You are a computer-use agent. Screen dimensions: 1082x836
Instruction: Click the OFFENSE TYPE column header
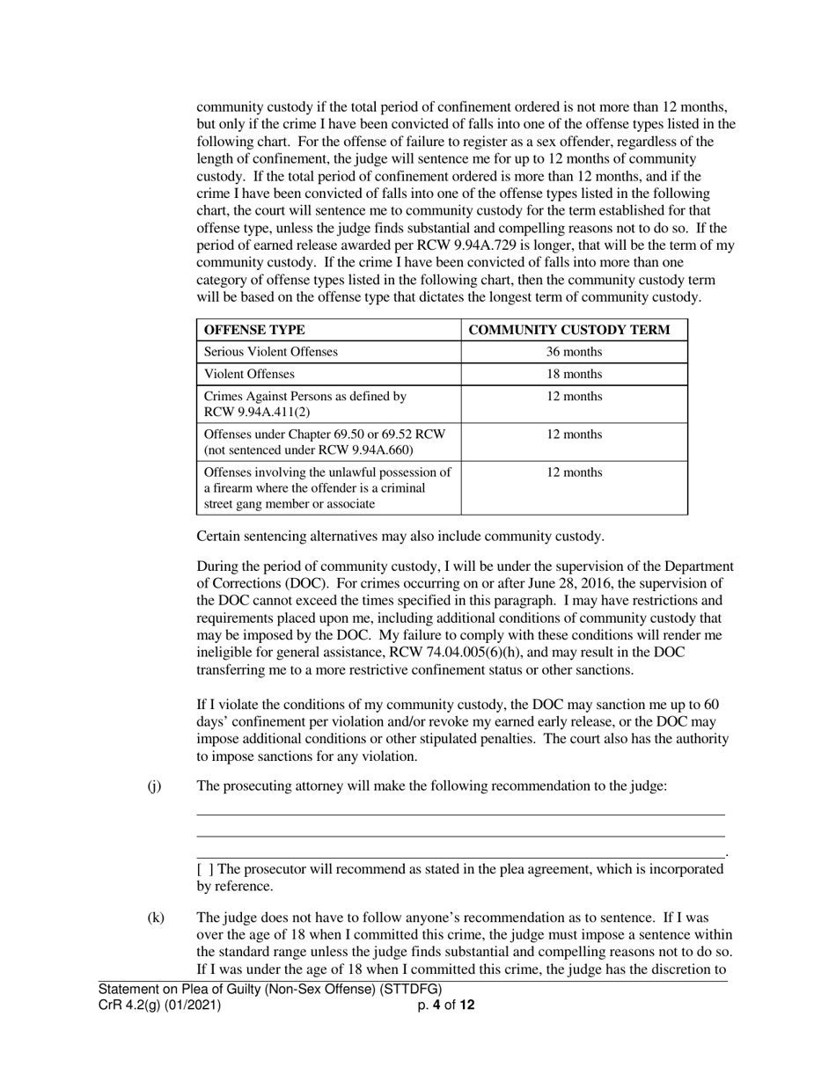coord(254,330)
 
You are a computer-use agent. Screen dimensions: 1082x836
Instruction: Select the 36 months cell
coord(574,352)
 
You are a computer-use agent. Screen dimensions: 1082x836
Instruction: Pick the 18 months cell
coord(574,374)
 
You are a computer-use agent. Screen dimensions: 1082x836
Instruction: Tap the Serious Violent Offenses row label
coord(270,352)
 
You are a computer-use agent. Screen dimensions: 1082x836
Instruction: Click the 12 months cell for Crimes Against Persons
coord(574,396)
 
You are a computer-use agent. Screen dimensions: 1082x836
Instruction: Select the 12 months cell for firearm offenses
coord(574,472)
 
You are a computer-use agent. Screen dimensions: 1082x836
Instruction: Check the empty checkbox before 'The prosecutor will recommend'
coord(204,869)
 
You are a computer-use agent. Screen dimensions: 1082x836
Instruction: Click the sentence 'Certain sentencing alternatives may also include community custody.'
coord(400,536)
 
